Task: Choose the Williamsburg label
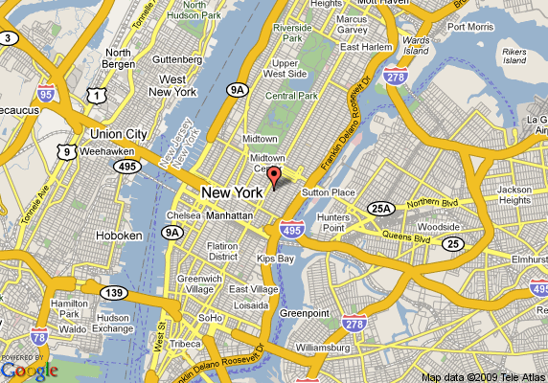pyautogui.click(x=331, y=347)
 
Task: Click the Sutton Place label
pyautogui.click(x=329, y=192)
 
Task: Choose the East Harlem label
pyautogui.click(x=361, y=46)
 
